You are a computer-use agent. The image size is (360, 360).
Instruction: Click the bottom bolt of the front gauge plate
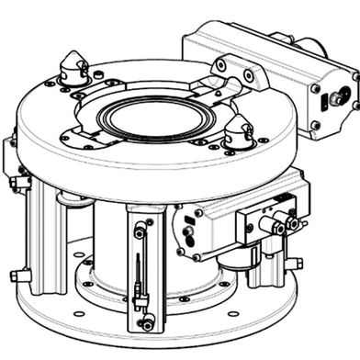[x=145, y=323]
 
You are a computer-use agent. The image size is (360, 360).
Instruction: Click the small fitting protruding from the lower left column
[x=16, y=275]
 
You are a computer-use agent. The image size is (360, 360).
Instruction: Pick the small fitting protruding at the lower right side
[x=294, y=264]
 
